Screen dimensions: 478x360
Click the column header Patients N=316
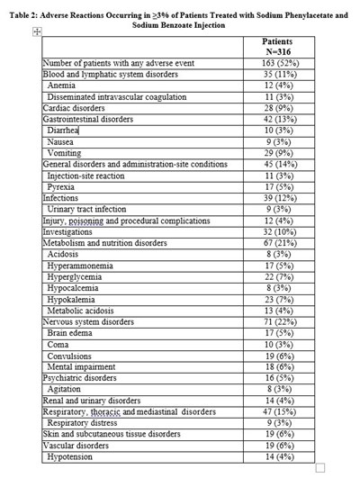277,46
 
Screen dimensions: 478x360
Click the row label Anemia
64,85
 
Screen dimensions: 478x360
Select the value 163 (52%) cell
277,63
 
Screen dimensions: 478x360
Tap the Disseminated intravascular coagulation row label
113,95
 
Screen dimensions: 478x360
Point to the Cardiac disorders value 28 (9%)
277,107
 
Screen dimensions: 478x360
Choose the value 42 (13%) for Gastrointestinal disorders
277,118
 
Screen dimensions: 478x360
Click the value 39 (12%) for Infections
277,198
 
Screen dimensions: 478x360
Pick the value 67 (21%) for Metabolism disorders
277,242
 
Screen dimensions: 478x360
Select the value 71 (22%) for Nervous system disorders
277,320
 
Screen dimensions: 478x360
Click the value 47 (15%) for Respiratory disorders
277,411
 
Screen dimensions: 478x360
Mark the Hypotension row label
75,456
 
